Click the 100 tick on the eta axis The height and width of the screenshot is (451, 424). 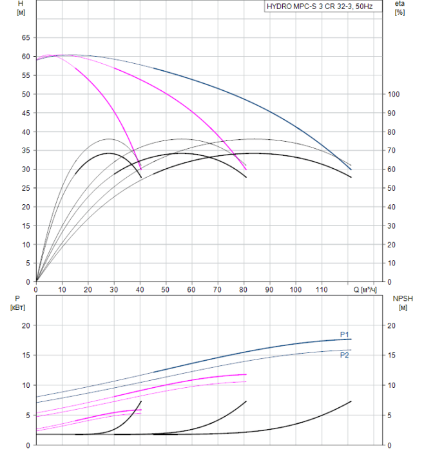tap(394, 94)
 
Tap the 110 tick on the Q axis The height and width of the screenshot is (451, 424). tap(322, 290)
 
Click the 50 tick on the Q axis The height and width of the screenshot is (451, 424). tap(166, 290)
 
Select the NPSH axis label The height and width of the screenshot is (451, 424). tap(401, 303)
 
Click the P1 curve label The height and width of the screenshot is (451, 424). tap(345, 334)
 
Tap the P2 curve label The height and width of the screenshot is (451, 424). tap(345, 355)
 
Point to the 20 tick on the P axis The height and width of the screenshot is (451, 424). tap(26, 325)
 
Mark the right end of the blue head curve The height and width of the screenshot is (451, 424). tap(351, 169)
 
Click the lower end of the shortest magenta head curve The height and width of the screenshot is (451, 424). tap(141, 169)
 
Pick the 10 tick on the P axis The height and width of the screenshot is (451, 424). tap(26, 385)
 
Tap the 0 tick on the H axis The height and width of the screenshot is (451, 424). tap(28, 282)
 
